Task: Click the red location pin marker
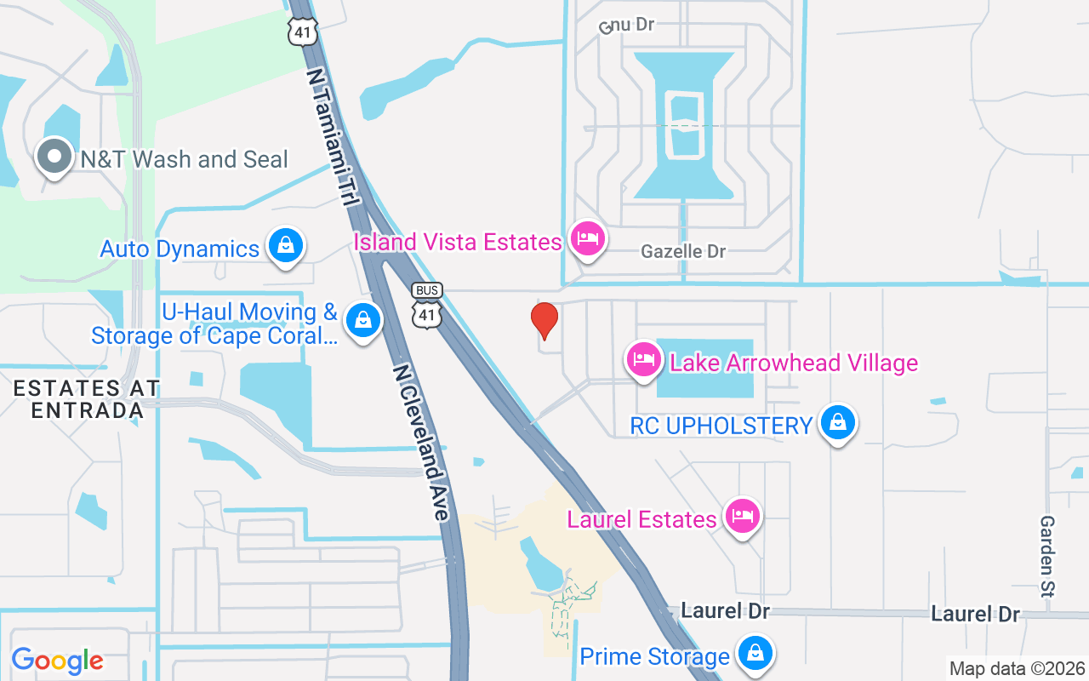coord(544,321)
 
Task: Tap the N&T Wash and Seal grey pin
coord(55,157)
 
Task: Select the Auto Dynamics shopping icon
coord(286,246)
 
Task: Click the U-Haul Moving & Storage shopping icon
coord(363,321)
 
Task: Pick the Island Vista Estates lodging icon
coord(586,239)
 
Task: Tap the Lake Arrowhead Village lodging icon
coord(644,359)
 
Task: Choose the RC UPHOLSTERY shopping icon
coord(838,422)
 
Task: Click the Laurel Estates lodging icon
coord(743,516)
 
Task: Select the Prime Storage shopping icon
coord(754,654)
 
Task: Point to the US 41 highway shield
coord(303,31)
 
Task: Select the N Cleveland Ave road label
coord(421,443)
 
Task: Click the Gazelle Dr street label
coord(683,252)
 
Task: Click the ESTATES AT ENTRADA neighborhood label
coord(86,399)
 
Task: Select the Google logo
coord(58,661)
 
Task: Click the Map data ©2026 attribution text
coord(1018,669)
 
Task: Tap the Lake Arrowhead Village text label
coord(794,363)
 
